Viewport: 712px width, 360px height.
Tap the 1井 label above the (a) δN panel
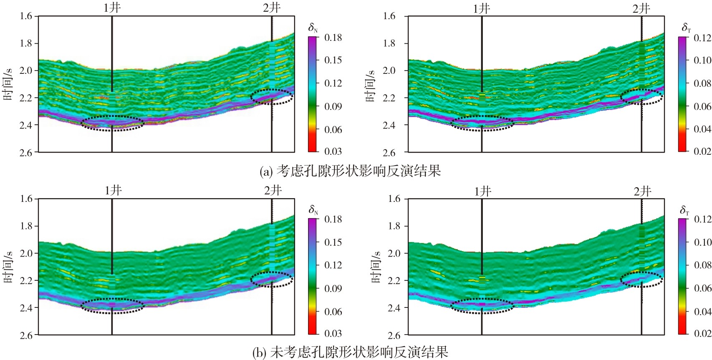coord(112,8)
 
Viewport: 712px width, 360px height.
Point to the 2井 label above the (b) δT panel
coord(642,191)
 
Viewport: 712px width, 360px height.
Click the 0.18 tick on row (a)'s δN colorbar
coord(333,38)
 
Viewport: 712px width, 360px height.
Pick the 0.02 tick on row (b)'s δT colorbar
coord(702,333)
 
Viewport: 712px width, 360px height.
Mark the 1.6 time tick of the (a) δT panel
coord(389,16)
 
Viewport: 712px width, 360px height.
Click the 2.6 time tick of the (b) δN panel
coord(26,335)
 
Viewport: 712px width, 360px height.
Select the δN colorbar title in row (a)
coord(313,28)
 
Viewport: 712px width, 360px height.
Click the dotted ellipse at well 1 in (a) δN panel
coord(112,123)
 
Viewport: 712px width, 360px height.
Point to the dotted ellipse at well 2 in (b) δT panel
coord(641,279)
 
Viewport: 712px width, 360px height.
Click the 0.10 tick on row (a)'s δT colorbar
coord(702,60)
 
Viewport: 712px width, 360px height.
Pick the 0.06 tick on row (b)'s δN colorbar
coord(333,312)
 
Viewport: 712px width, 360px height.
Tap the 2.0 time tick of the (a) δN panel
coord(26,70)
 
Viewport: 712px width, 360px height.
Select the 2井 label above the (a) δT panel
coord(641,8)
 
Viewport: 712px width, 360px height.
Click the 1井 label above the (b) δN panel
coord(113,191)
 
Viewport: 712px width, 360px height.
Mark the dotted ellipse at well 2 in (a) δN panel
coord(272,96)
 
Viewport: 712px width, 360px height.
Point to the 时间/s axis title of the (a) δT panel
coord(370,85)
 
